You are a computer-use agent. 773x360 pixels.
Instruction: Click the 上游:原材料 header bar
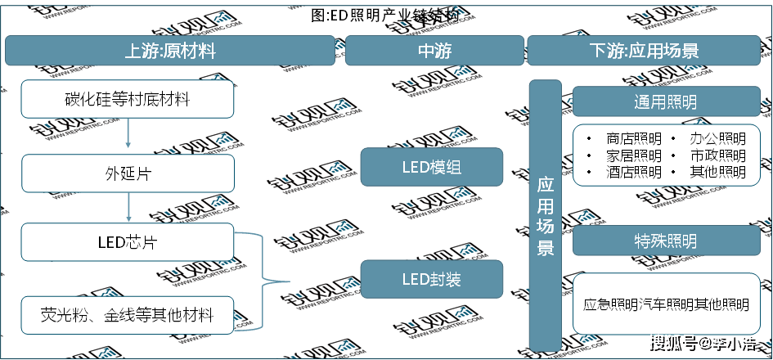169,51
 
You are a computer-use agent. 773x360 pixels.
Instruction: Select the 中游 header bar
434,51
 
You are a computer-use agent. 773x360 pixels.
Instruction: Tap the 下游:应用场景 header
644,51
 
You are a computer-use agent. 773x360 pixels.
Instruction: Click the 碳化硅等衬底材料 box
128,100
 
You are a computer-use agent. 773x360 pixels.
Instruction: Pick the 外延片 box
128,173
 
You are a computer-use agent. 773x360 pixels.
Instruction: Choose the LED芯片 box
128,242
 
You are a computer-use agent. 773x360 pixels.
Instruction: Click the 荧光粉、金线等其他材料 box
128,314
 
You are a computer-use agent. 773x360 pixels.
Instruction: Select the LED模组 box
431,168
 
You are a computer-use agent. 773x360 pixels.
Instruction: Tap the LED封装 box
431,280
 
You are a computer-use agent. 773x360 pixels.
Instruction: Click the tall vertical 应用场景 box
545,215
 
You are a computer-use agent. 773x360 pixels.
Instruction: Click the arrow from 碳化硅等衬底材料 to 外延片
128,136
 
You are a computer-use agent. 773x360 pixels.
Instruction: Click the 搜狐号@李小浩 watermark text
701,342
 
